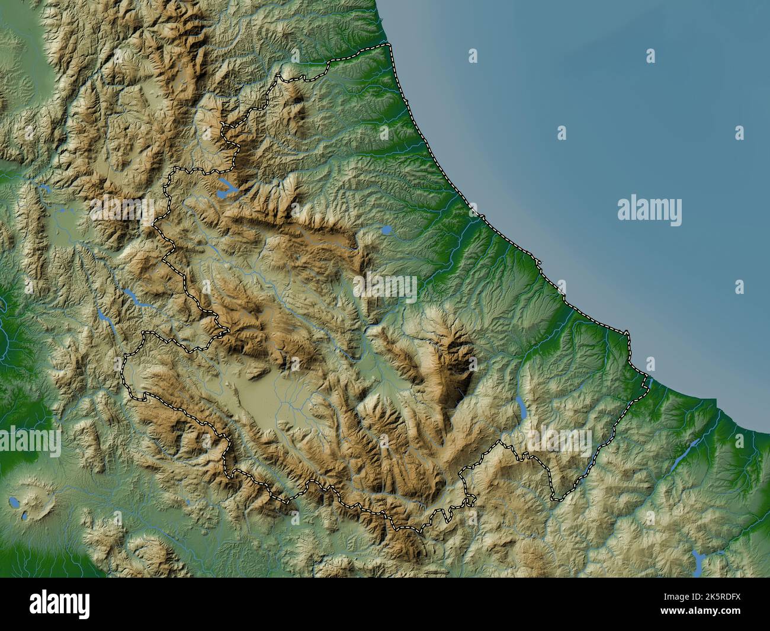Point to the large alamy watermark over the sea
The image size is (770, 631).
click(649, 212)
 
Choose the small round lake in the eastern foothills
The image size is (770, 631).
click(386, 229)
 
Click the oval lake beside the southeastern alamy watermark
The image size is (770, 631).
click(521, 407)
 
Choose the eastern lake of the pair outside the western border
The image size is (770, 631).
click(134, 298)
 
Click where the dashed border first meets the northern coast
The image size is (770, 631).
click(388, 45)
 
